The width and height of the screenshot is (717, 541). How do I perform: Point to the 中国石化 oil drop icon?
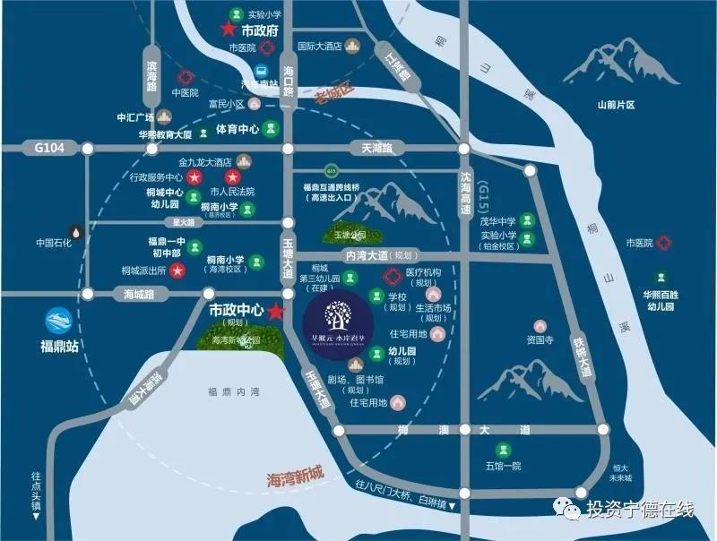point(80,229)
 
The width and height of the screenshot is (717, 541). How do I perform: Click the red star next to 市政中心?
point(275,312)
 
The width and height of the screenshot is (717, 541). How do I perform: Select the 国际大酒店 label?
point(320,46)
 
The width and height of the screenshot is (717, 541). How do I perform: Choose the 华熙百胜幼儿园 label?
point(660,300)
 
